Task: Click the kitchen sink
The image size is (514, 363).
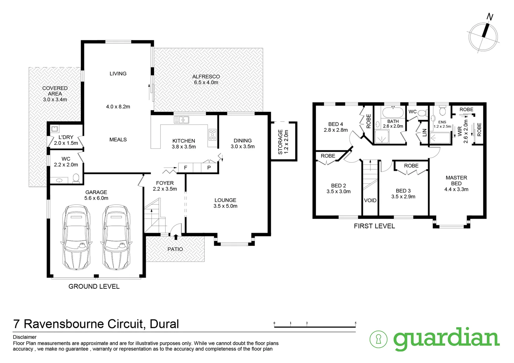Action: (182, 120)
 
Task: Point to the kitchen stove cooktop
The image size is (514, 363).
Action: (212, 134)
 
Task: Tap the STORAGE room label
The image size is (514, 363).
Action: (283, 142)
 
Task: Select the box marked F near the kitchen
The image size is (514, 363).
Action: (185, 167)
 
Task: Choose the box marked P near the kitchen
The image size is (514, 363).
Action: (209, 167)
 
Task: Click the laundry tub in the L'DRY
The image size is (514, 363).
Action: (54, 129)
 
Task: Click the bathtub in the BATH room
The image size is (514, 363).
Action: (393, 112)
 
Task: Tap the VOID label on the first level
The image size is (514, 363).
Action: (370, 200)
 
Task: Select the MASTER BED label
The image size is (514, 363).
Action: (456, 180)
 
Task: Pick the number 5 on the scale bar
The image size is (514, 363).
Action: (356, 323)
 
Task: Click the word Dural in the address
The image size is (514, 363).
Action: (164, 324)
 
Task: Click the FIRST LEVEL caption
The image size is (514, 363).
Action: (374, 226)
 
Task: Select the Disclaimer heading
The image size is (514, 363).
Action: (25, 337)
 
